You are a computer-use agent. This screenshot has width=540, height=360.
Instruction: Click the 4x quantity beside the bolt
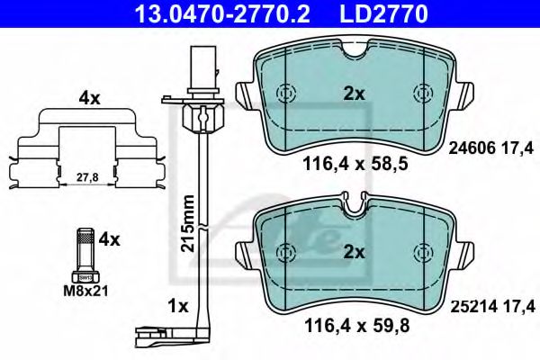[108, 239]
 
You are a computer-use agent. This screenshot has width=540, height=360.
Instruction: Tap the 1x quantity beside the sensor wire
[176, 306]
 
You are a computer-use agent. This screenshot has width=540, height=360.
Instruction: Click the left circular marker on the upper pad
[285, 94]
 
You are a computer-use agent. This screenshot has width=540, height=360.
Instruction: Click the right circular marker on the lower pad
[421, 252]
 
